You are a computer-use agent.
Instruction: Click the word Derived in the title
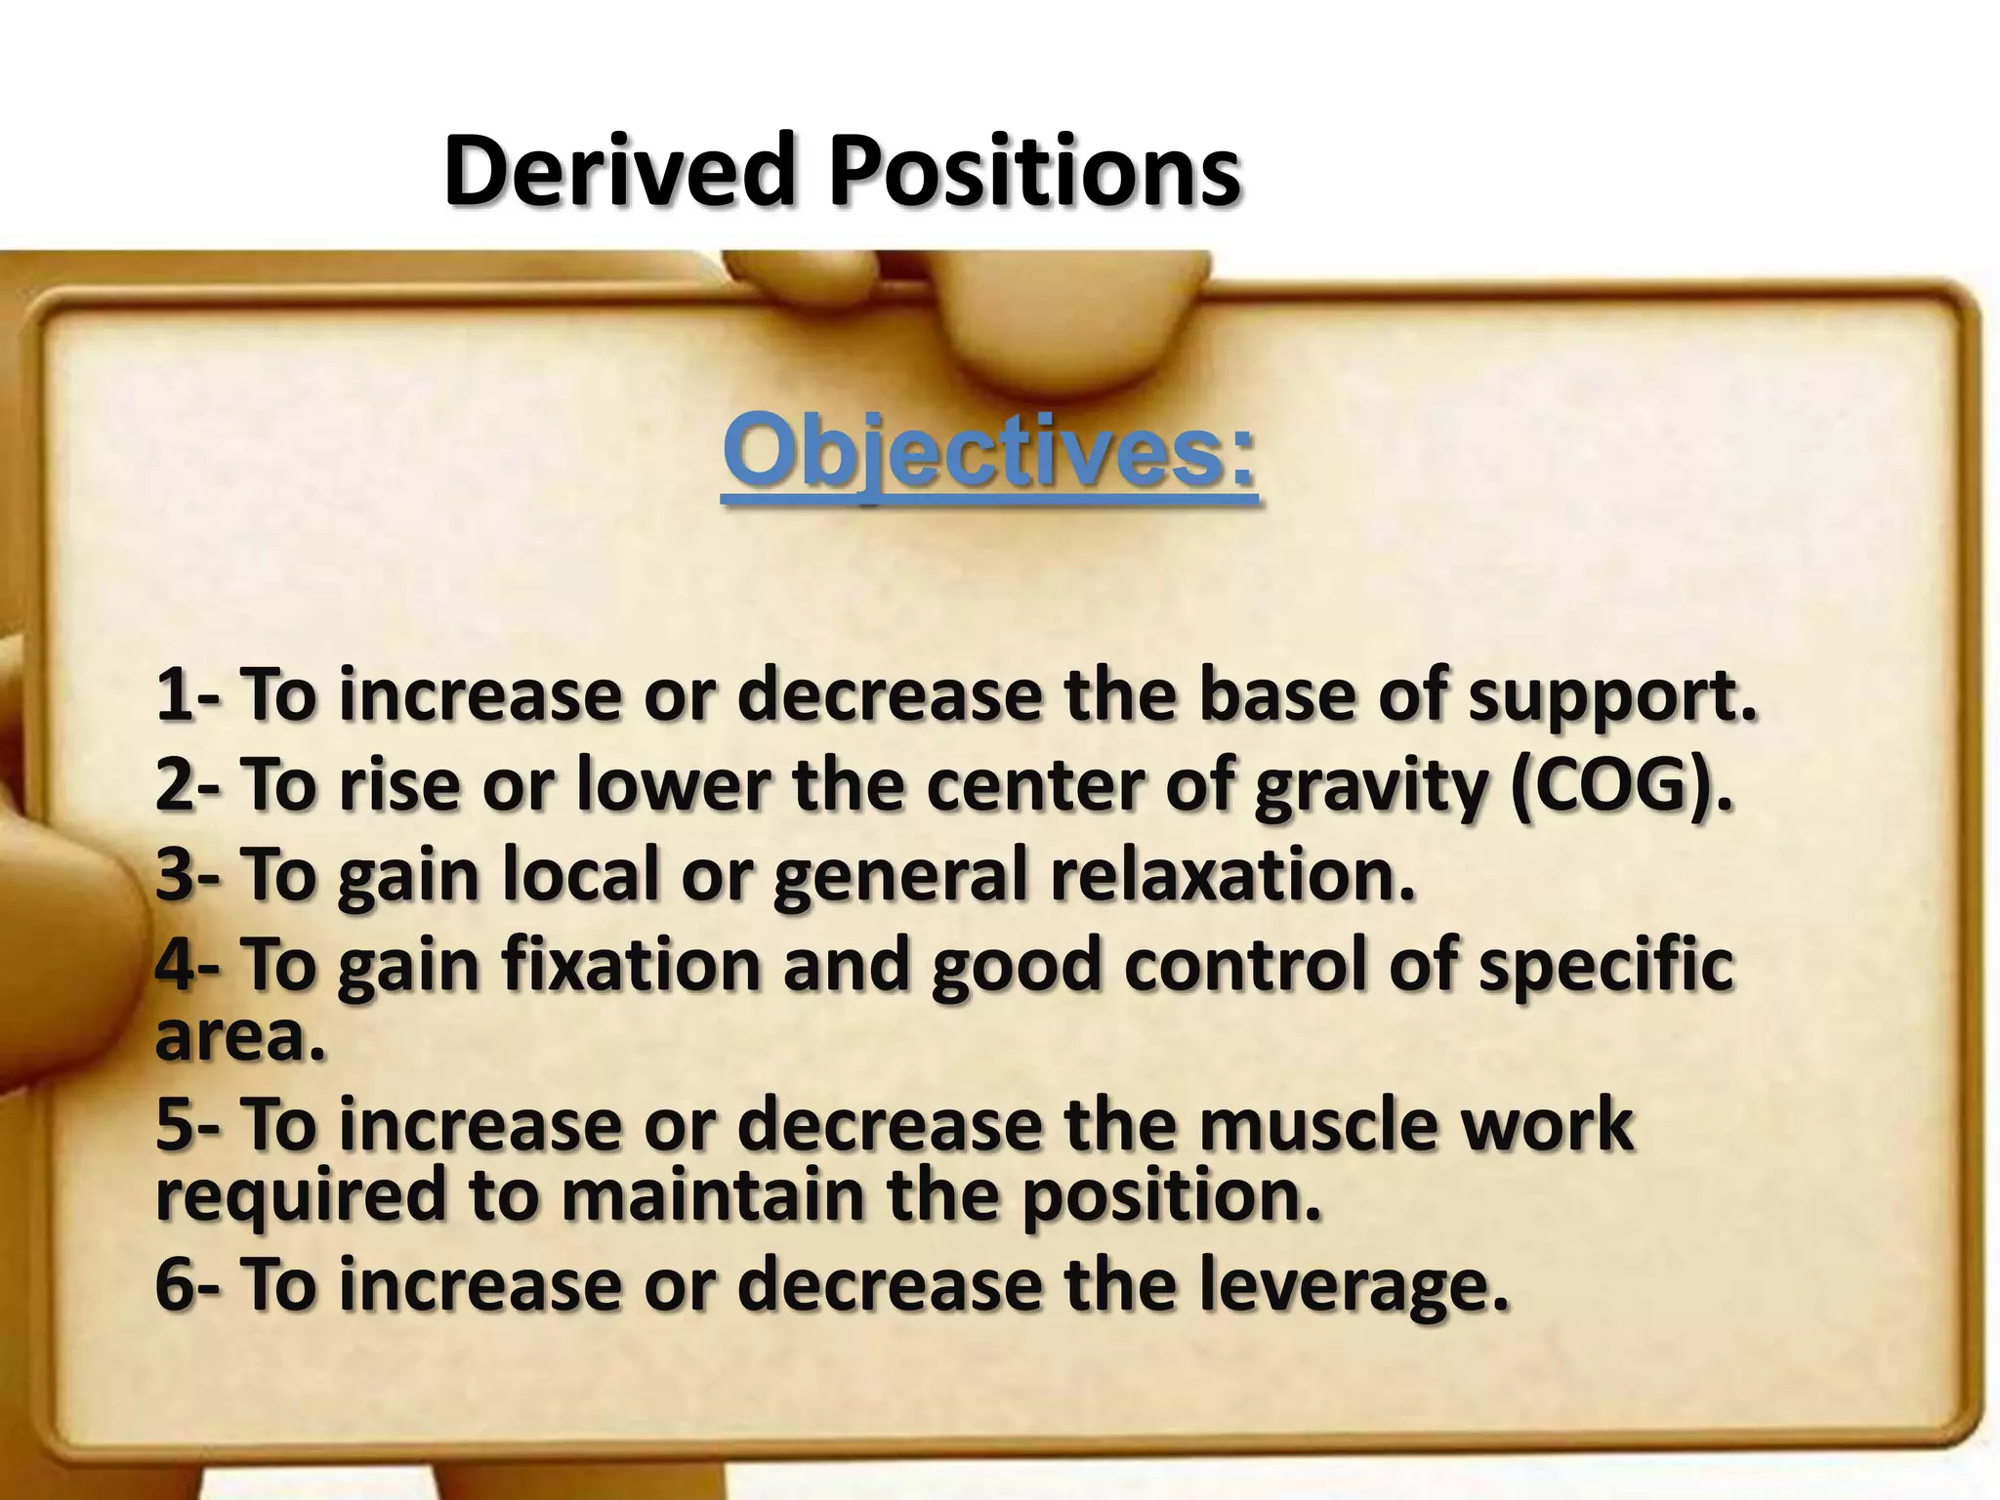pos(616,173)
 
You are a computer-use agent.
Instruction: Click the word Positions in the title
pos(1035,173)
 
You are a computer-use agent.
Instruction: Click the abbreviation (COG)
pos(1621,787)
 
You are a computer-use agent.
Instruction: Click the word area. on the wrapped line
pos(239,1037)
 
